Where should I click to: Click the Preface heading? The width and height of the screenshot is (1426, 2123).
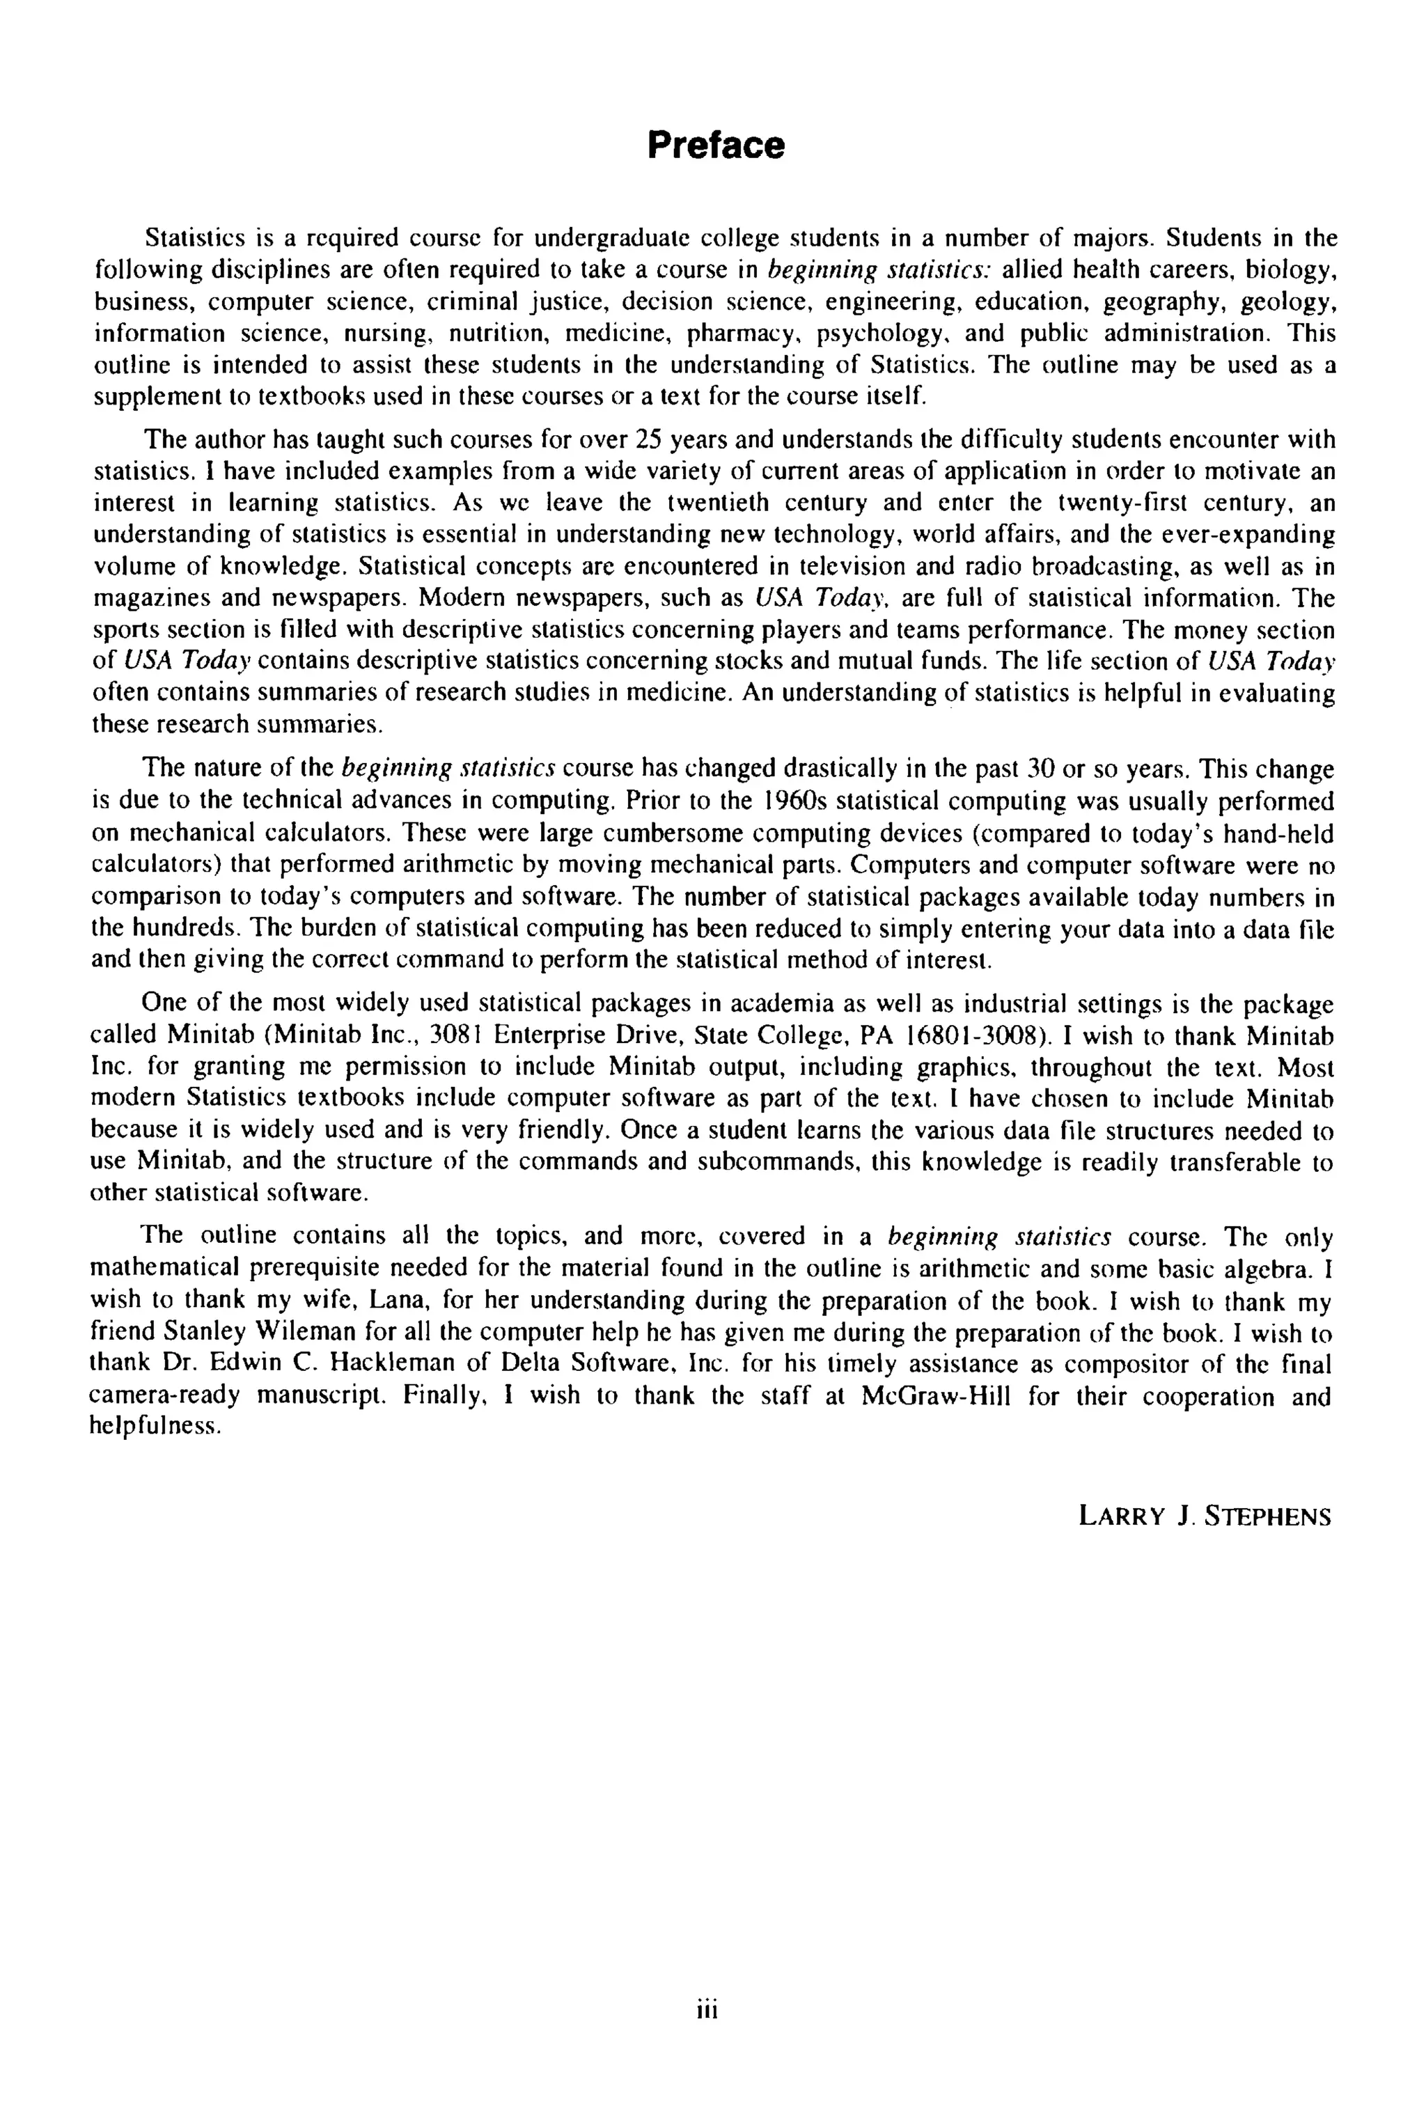tap(715, 145)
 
